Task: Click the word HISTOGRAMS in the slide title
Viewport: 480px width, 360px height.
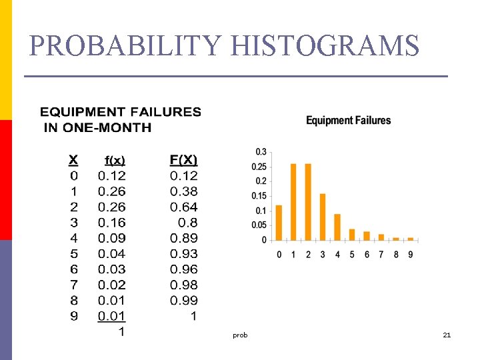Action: click(325, 46)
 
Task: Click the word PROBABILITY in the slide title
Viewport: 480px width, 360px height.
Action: click(125, 46)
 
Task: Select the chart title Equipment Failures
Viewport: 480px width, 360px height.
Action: click(348, 121)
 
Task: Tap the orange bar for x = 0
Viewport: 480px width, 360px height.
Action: click(279, 223)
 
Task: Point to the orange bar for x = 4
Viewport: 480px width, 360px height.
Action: click(337, 227)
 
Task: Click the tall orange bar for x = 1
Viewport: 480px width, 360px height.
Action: click(293, 202)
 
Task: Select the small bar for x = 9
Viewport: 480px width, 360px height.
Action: click(411, 238)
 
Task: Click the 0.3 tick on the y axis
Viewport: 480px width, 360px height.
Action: click(261, 152)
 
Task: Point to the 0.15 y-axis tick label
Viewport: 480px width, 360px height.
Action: click(259, 196)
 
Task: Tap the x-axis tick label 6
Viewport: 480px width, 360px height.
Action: click(367, 254)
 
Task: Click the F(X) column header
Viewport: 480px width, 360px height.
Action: click(183, 160)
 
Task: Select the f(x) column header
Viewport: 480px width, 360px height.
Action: click(114, 161)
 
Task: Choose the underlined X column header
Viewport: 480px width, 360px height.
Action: click(73, 160)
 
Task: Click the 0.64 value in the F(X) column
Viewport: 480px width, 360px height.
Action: click(183, 207)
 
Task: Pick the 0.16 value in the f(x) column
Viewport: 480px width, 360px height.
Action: click(111, 223)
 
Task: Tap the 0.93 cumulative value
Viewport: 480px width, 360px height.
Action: click(183, 253)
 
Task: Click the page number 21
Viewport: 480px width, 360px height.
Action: click(447, 335)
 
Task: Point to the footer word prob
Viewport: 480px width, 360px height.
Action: click(240, 335)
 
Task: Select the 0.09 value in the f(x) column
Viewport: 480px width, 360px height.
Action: click(111, 238)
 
